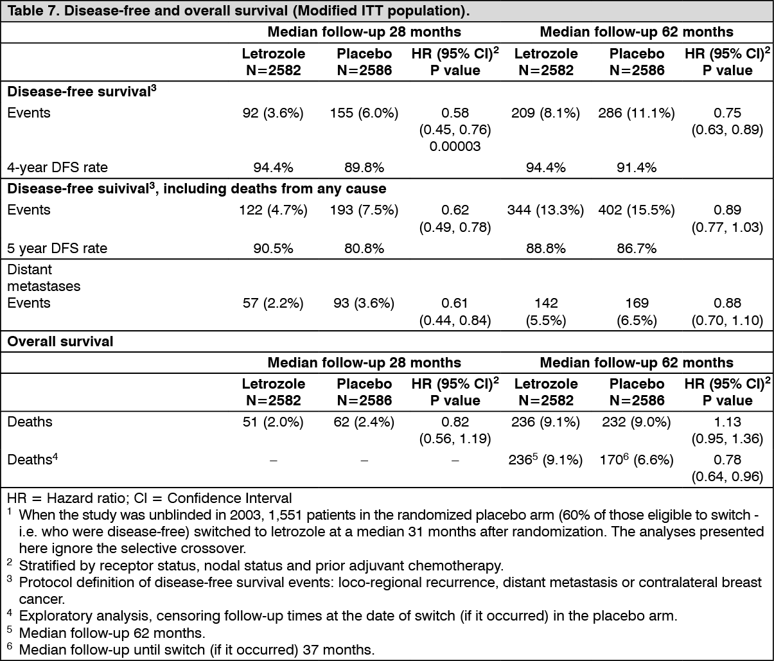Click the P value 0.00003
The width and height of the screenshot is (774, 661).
coord(455,146)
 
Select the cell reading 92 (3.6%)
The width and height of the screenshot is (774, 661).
coord(273,112)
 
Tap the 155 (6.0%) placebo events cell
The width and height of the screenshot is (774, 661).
coord(364,112)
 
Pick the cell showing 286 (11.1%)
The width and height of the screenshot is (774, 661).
coord(636,112)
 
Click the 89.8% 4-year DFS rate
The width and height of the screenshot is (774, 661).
coord(364,168)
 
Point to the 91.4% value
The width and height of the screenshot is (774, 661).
coord(636,168)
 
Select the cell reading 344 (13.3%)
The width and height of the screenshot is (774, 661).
coord(545,209)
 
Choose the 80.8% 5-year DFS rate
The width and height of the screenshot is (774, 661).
coord(364,249)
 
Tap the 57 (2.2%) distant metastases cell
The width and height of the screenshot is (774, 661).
coord(273,303)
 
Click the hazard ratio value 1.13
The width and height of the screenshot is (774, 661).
coord(727,421)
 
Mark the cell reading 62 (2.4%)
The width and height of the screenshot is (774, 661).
coord(364,422)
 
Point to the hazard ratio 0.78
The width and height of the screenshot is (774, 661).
coord(727,459)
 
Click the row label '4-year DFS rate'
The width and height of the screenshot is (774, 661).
coord(57,168)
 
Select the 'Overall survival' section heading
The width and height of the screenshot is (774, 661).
coord(60,342)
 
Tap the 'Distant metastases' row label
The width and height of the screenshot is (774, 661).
coord(44,278)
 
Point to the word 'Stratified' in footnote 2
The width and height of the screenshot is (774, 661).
coord(44,565)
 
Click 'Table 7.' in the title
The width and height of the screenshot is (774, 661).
coord(33,11)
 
